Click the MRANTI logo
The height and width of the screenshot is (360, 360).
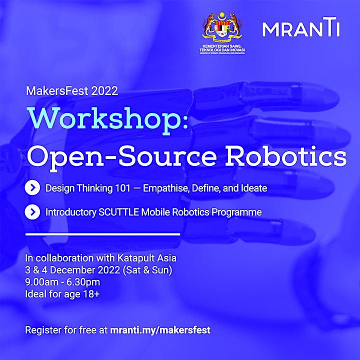(x=301, y=27)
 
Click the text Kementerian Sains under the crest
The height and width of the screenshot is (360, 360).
(x=222, y=46)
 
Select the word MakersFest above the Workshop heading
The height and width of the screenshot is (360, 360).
(x=57, y=90)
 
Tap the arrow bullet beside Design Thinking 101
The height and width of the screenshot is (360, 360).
(x=32, y=188)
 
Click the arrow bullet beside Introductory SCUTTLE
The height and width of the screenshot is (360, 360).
(x=32, y=211)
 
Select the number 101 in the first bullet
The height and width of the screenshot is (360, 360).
(x=122, y=188)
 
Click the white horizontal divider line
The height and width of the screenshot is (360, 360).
(x=102, y=234)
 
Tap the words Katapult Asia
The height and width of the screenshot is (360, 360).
(x=147, y=258)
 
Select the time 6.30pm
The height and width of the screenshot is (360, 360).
(x=83, y=282)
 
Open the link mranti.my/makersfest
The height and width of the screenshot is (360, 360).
(x=160, y=330)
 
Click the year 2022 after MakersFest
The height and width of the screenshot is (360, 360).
(x=104, y=90)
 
